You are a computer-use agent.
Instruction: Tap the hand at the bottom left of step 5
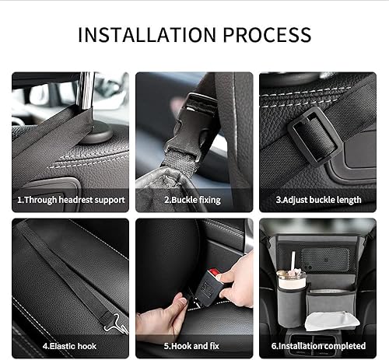coord(159,319)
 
